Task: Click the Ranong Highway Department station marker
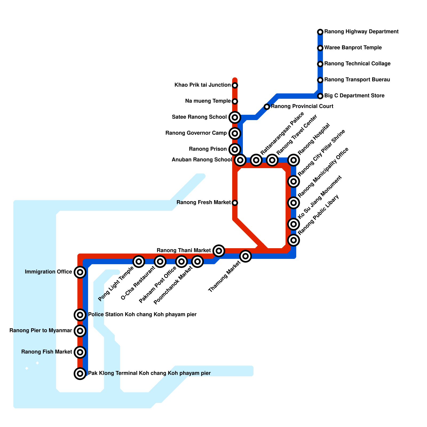[320, 32]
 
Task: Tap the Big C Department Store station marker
[320, 96]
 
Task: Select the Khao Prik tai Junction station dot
[235, 85]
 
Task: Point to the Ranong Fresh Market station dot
[235, 203]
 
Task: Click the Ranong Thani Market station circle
[219, 251]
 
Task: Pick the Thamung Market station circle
[246, 256]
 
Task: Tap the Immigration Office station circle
[80, 272]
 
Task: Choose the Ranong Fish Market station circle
[80, 352]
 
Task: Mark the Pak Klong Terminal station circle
[80, 373]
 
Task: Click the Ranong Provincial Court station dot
[267, 107]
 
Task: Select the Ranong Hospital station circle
[294, 160]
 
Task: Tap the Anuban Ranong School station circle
[240, 160]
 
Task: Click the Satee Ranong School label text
[199, 117]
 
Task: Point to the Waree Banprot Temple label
[353, 48]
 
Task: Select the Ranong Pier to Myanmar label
[41, 331]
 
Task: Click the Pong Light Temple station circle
[139, 262]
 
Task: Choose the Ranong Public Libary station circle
[294, 240]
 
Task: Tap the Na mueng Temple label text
[208, 101]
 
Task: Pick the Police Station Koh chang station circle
[80, 315]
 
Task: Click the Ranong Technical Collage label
[357, 64]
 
